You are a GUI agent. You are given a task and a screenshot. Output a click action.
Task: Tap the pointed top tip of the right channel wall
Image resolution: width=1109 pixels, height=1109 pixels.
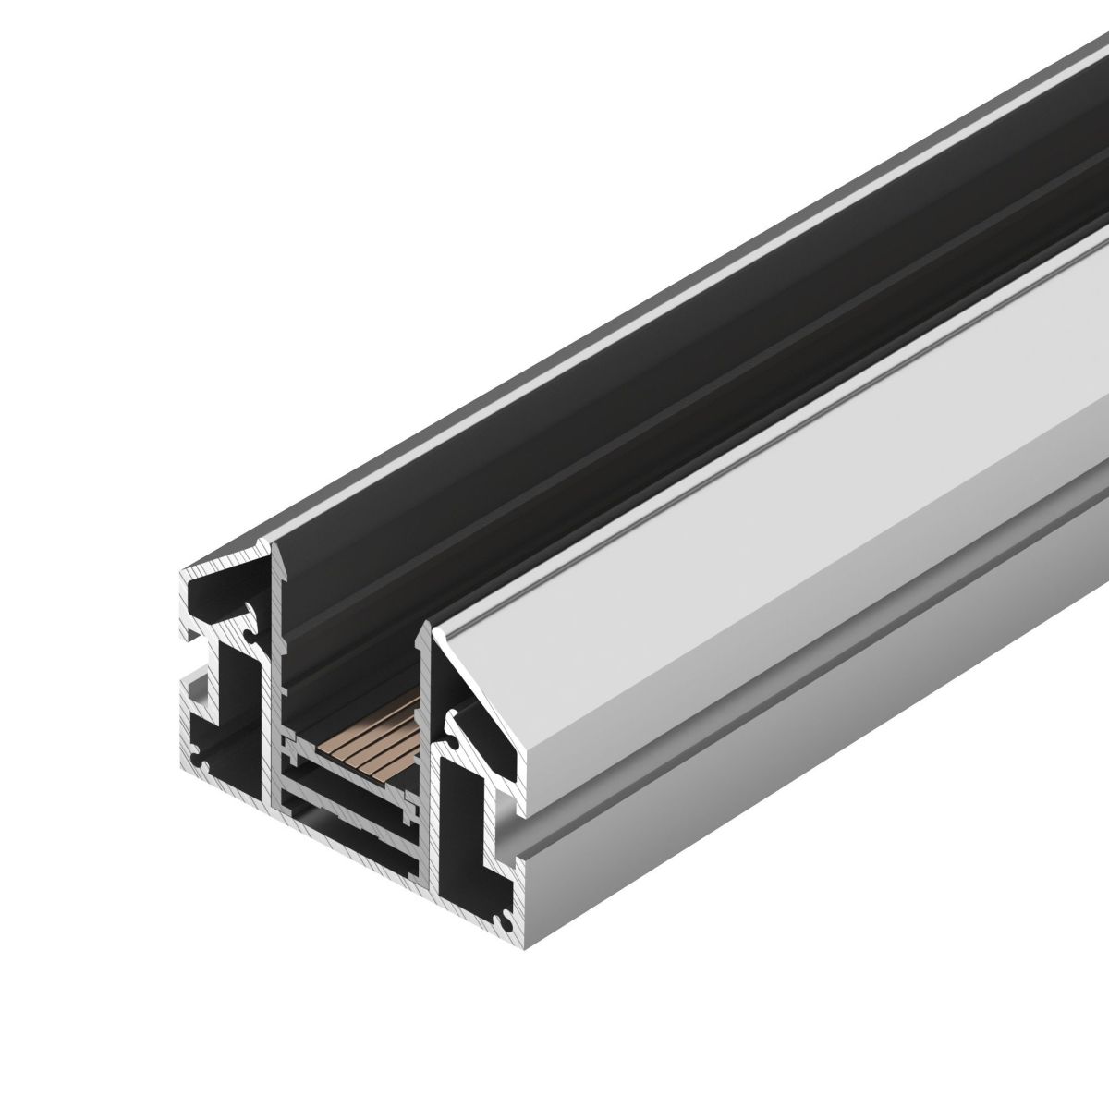click(x=427, y=626)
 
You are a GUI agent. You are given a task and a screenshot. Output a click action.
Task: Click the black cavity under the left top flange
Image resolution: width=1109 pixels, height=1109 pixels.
click(x=217, y=601)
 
